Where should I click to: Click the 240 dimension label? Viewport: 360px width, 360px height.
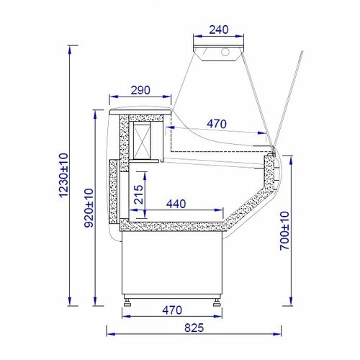[219, 30]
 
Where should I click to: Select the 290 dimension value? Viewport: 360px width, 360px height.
[140, 90]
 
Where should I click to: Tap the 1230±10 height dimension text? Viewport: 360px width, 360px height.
[63, 175]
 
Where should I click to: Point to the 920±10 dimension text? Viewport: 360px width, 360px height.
[89, 208]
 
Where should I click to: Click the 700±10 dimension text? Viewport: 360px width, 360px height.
[285, 231]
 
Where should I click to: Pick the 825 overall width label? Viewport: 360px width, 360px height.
[194, 328]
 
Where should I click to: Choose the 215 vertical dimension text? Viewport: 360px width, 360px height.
[139, 194]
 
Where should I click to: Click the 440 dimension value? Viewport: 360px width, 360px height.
[176, 204]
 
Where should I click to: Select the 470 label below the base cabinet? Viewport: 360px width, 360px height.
[172, 310]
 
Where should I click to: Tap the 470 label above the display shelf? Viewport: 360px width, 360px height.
[217, 124]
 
